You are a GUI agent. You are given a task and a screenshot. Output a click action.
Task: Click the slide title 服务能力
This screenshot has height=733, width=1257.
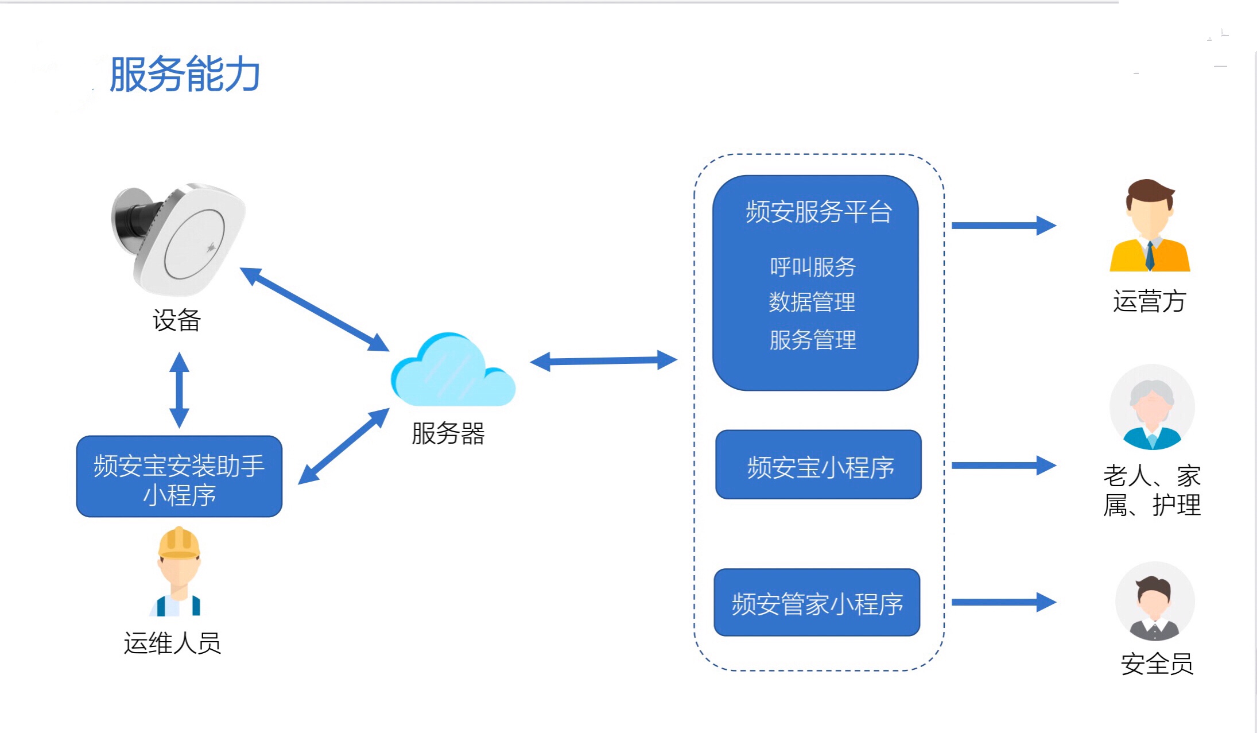pyautogui.click(x=185, y=75)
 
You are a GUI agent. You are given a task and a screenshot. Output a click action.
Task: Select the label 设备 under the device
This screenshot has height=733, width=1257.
pyautogui.click(x=177, y=320)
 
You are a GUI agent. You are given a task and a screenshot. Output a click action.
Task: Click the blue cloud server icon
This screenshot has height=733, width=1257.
pyautogui.click(x=453, y=372)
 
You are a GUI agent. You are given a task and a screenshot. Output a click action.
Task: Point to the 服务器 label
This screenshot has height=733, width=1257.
pyautogui.click(x=448, y=433)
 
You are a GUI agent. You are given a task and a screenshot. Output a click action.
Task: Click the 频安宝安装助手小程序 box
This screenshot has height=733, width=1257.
pyautogui.click(x=179, y=476)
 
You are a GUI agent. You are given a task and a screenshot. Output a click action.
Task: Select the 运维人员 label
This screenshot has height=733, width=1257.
pyautogui.click(x=172, y=643)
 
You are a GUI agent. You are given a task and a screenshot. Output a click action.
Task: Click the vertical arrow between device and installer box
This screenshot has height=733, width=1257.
pyautogui.click(x=179, y=390)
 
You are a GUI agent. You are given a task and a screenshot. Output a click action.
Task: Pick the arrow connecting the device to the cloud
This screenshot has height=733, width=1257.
pyautogui.click(x=315, y=309)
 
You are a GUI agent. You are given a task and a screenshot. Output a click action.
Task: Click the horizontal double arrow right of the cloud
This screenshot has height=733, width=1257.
pyautogui.click(x=603, y=361)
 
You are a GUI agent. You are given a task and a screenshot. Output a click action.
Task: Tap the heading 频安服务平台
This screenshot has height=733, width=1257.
pyautogui.click(x=818, y=212)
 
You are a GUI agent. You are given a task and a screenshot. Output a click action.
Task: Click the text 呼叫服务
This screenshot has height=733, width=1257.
pyautogui.click(x=813, y=267)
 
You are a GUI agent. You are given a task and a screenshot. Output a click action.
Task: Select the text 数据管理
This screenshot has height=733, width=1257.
pyautogui.click(x=812, y=302)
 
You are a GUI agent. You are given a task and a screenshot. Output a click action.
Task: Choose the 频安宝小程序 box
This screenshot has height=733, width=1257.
pyautogui.click(x=818, y=465)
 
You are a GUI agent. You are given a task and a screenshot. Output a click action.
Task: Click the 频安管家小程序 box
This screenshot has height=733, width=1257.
pyautogui.click(x=817, y=603)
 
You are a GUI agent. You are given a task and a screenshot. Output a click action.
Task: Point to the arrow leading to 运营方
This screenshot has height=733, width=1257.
pyautogui.click(x=1003, y=226)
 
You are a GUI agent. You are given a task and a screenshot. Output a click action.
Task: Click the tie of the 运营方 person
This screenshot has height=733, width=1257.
pyautogui.click(x=1150, y=256)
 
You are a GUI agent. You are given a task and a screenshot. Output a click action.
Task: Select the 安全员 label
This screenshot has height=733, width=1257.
pyautogui.click(x=1157, y=664)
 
